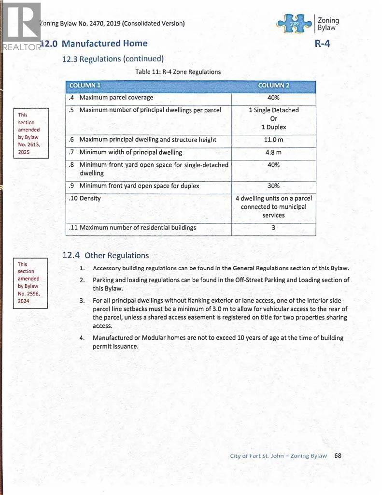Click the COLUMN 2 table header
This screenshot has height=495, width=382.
click(x=273, y=86)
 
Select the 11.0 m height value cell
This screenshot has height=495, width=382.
click(x=273, y=140)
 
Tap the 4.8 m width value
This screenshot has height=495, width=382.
click(x=273, y=152)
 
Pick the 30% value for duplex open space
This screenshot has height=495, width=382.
click(x=273, y=186)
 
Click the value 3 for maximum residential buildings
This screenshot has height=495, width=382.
click(x=273, y=227)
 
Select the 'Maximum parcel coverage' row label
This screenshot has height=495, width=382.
click(x=116, y=98)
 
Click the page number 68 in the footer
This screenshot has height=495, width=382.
click(x=338, y=455)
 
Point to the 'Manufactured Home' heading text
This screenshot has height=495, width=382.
click(x=105, y=44)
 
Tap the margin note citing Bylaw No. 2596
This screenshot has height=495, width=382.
click(x=30, y=283)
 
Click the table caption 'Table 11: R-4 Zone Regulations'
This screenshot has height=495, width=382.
click(x=178, y=72)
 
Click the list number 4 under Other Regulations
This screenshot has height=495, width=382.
click(x=82, y=338)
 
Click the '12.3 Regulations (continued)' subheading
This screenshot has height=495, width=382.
click(x=113, y=59)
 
